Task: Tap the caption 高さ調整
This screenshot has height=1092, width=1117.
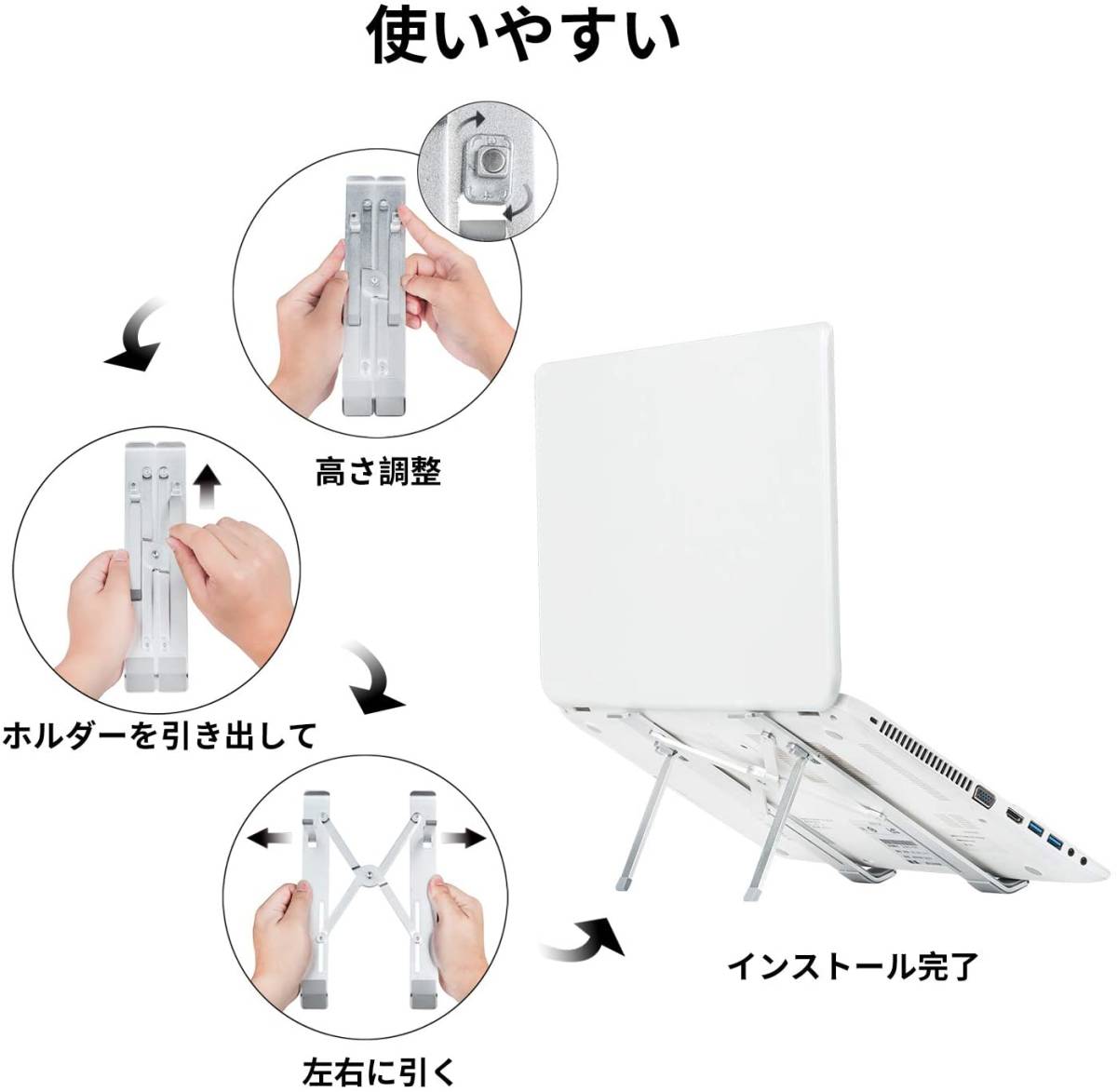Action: [378, 472]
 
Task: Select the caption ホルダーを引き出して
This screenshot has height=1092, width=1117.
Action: [159, 735]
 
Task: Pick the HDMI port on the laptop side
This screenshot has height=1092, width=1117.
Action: [1015, 816]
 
